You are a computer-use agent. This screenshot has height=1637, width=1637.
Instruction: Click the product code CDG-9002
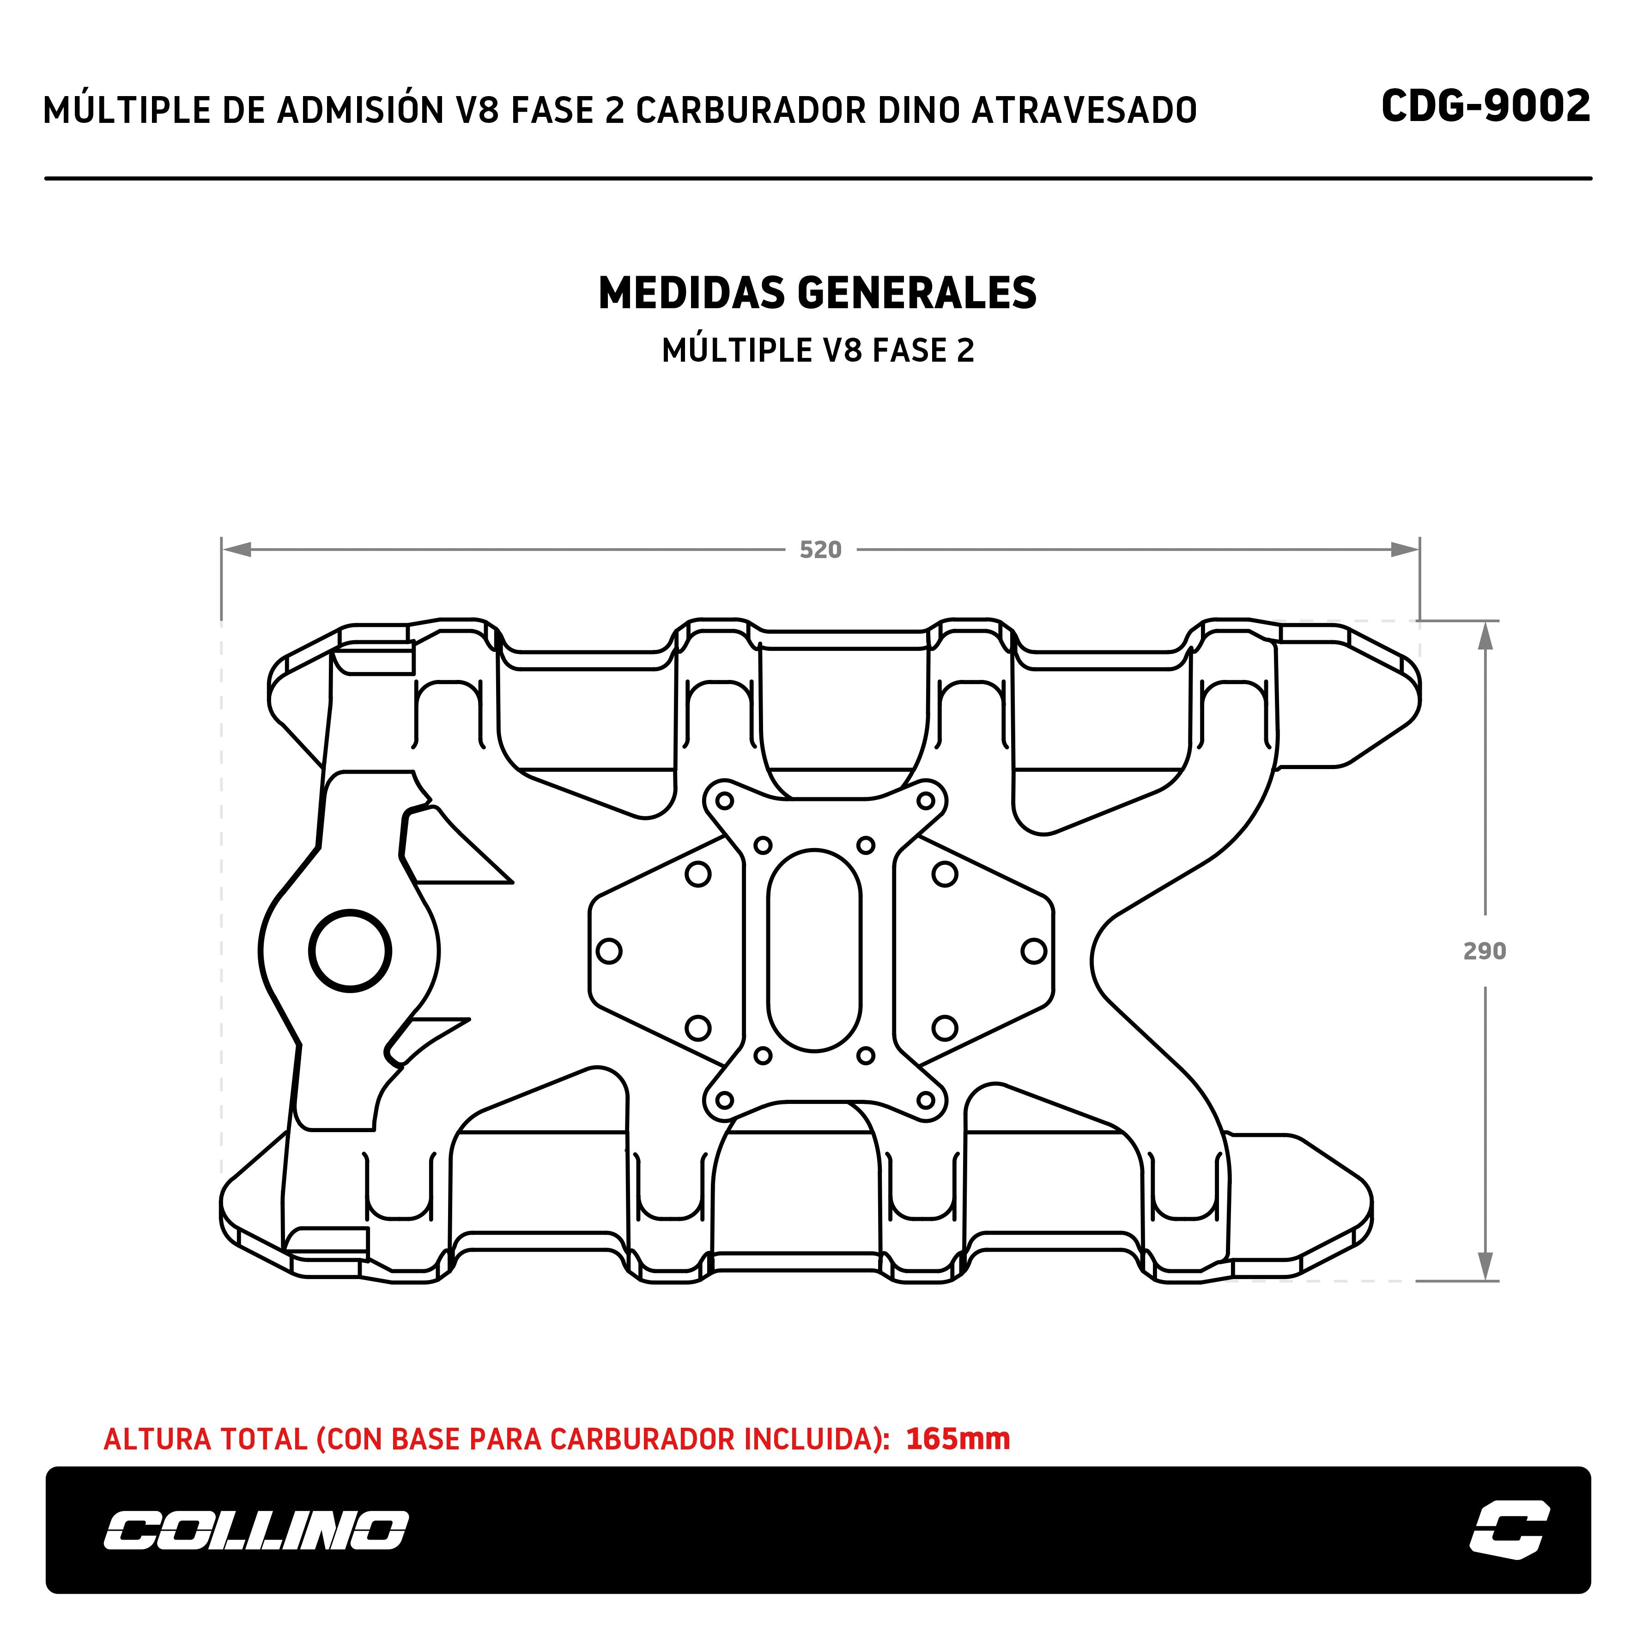click(1485, 107)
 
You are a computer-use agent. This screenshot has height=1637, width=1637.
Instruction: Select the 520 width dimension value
click(820, 550)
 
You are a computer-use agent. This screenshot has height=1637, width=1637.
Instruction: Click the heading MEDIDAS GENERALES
click(818, 293)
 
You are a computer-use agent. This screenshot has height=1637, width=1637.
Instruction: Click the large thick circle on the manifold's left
click(350, 951)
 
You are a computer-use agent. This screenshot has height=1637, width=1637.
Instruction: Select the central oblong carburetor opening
click(814, 951)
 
